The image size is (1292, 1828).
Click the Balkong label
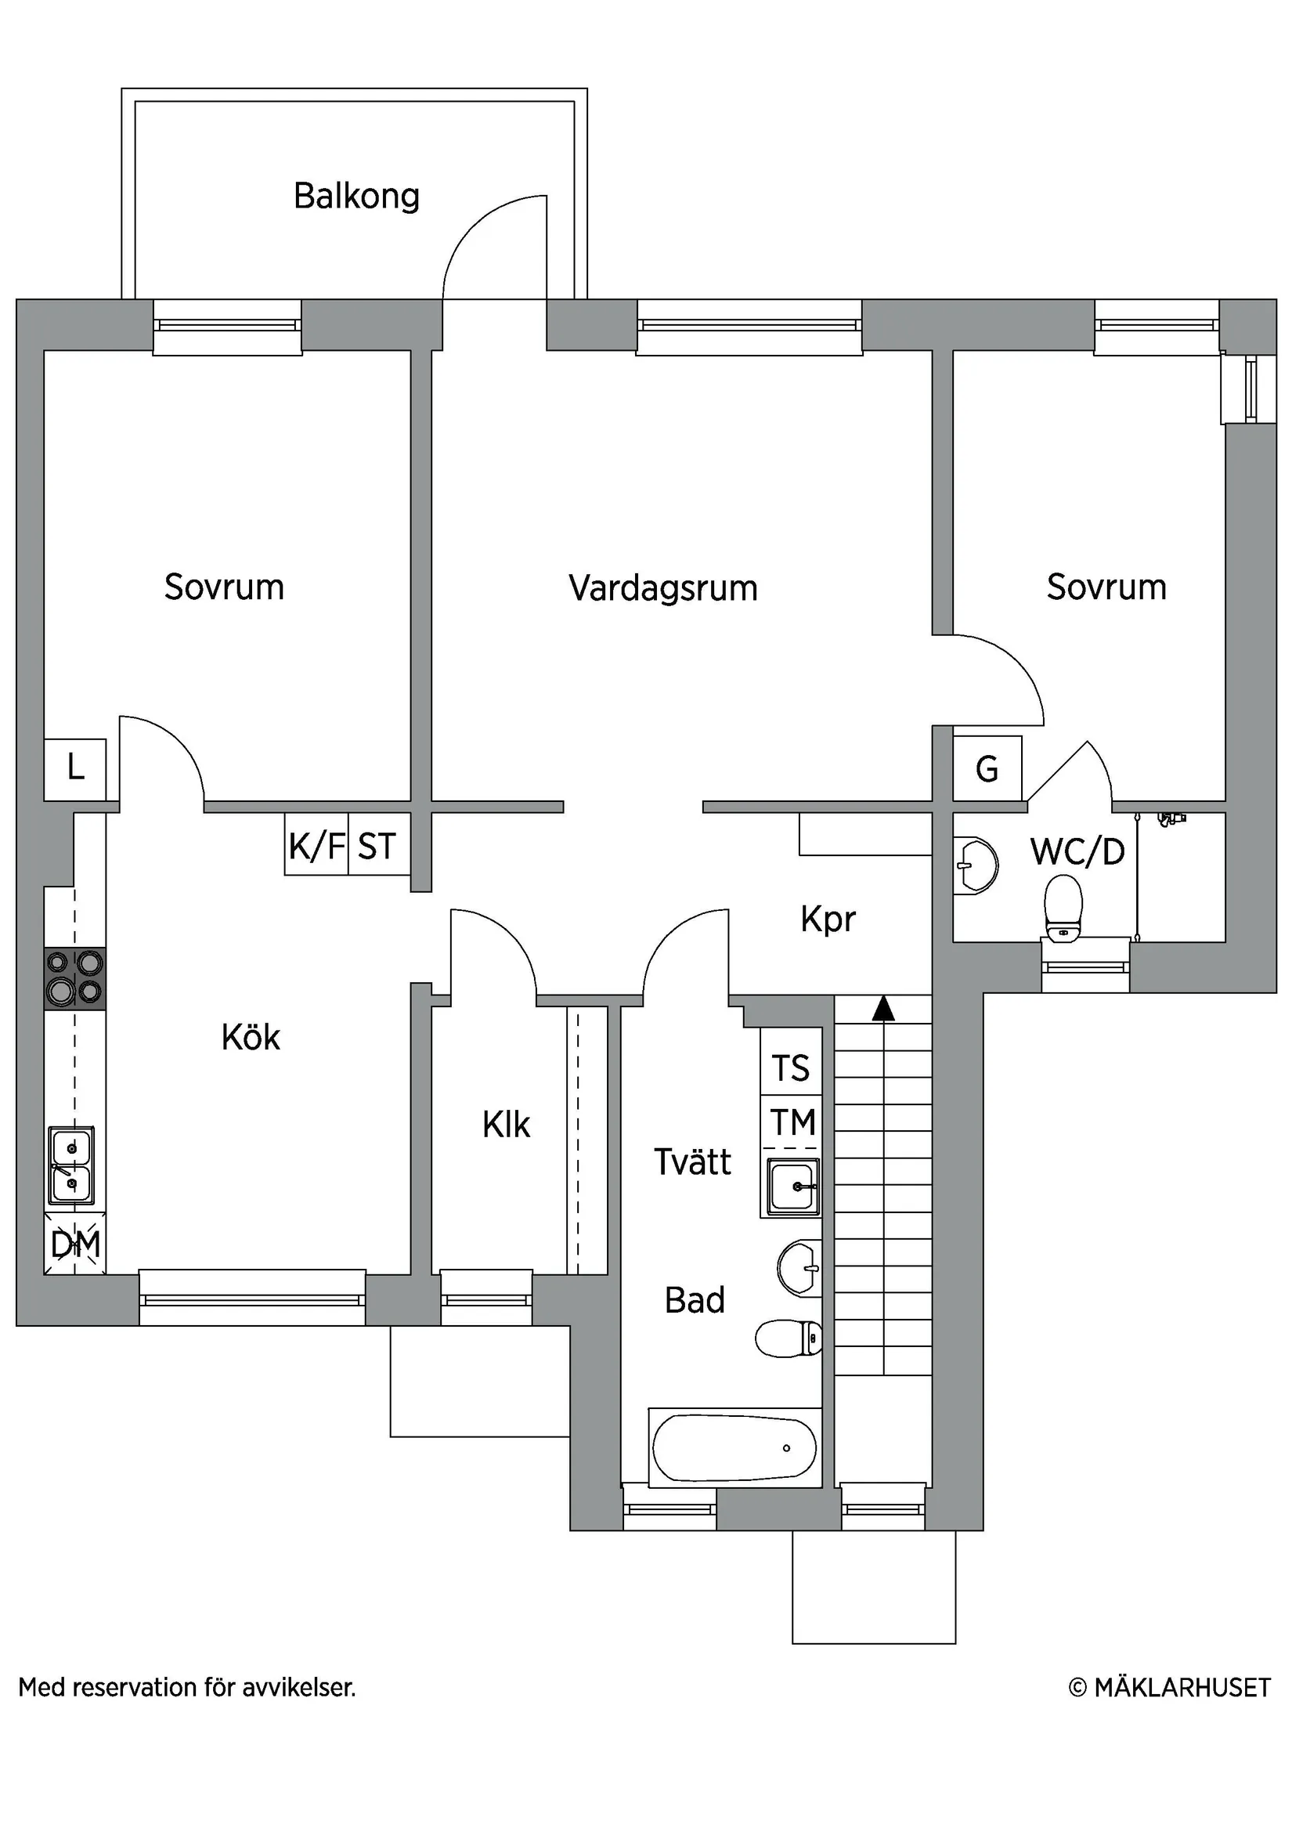click(355, 196)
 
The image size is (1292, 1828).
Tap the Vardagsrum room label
click(662, 588)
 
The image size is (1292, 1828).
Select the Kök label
click(251, 1038)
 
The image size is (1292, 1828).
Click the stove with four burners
click(75, 977)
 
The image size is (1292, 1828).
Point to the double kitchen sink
click(71, 1165)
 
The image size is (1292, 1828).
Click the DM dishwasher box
click(75, 1244)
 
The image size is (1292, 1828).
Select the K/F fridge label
click(316, 846)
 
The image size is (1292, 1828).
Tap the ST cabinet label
click(377, 846)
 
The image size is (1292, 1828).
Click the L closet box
click(75, 768)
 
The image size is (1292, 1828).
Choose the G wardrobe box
click(987, 768)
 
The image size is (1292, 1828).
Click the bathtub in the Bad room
click(733, 1447)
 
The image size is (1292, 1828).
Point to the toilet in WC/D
click(1063, 908)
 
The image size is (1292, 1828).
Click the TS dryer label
click(791, 1068)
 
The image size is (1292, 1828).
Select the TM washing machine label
click(792, 1122)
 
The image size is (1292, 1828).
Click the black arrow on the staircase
click(882, 1010)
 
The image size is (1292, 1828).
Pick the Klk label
click(506, 1125)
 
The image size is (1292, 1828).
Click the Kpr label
click(828, 919)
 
